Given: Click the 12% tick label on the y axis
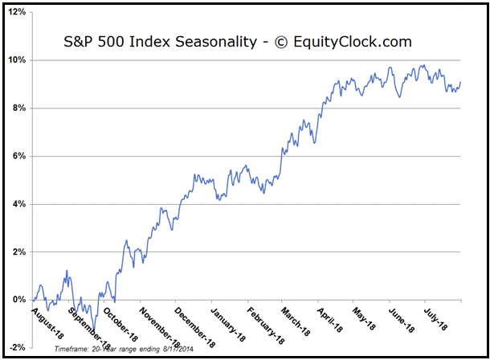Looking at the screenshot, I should point(17,12).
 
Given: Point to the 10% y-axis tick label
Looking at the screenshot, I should point(17,60).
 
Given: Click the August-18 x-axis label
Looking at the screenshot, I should point(47,320).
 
